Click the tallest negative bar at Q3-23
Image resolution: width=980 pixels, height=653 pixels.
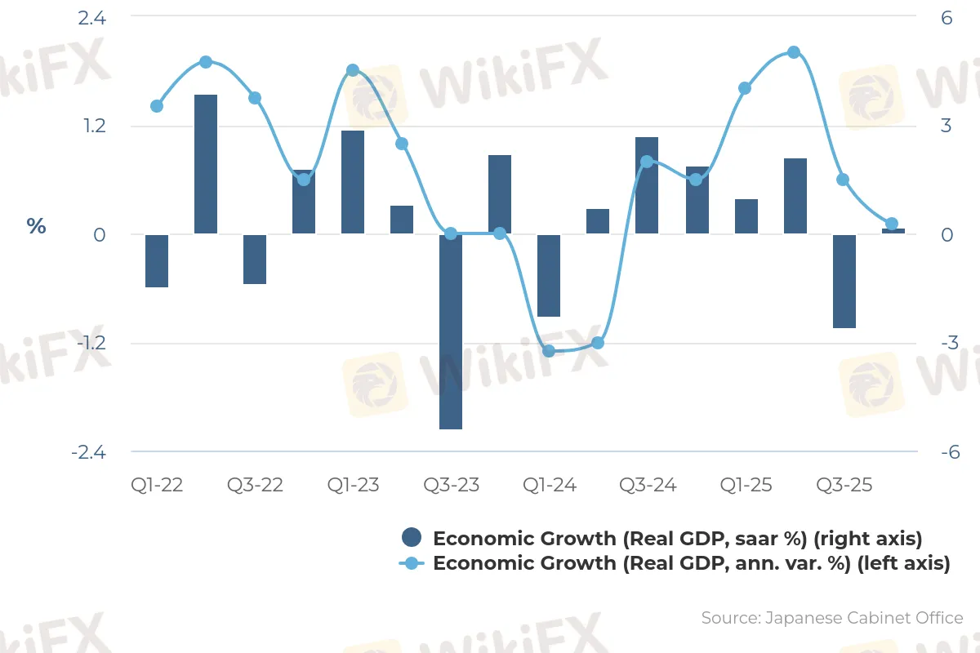(451, 331)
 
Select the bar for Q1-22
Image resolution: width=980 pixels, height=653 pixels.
(157, 260)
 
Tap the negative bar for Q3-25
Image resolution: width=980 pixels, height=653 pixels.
(844, 281)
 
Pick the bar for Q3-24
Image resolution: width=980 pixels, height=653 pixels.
(647, 185)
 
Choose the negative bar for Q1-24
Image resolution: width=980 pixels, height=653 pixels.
(549, 275)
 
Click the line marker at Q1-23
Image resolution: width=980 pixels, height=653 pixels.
(353, 70)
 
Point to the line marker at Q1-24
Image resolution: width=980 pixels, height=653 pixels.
(549, 351)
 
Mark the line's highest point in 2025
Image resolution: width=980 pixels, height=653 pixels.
(794, 52)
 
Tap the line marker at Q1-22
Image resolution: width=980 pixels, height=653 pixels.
(157, 106)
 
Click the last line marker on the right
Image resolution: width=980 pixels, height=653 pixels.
(892, 224)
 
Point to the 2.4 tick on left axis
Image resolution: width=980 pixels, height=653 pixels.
(92, 17)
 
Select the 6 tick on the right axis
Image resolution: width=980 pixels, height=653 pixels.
(947, 17)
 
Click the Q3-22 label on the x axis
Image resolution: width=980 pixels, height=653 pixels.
(255, 485)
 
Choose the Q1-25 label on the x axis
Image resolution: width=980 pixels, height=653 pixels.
(745, 485)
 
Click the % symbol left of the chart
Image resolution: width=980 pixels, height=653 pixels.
(36, 226)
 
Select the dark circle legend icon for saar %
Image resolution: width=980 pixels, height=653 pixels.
(412, 538)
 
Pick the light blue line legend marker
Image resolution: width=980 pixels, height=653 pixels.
(412, 563)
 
